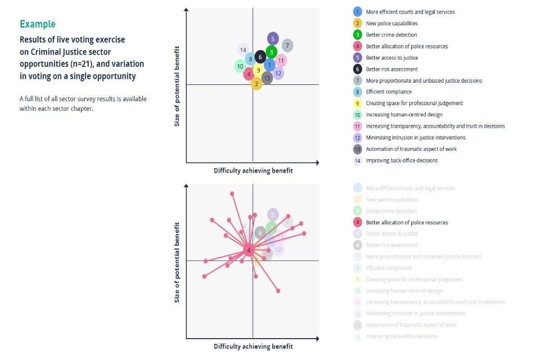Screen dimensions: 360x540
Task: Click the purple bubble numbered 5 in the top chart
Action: (x=273, y=39)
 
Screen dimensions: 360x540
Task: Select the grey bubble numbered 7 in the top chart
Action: (x=287, y=46)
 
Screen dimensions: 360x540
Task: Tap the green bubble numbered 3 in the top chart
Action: (x=271, y=52)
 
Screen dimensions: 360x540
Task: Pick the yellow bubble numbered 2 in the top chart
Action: (x=256, y=84)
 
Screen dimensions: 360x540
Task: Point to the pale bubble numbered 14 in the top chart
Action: (x=243, y=50)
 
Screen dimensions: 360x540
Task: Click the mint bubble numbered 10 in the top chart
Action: (x=240, y=66)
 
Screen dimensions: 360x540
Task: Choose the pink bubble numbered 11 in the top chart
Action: (x=281, y=61)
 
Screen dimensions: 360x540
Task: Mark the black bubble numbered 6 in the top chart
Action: (x=260, y=57)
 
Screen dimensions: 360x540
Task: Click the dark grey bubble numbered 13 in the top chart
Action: (x=267, y=78)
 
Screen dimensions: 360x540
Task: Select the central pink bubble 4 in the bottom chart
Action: (x=249, y=250)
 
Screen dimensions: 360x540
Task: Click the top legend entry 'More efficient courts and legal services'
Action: (x=410, y=12)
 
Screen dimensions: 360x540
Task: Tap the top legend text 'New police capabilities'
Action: (x=391, y=24)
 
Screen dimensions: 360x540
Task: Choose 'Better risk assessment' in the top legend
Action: (x=391, y=69)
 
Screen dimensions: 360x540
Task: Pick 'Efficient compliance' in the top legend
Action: (x=389, y=92)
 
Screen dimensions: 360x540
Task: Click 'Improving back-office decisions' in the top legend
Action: (x=402, y=160)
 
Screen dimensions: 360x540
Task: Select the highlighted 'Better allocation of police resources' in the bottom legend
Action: (x=407, y=222)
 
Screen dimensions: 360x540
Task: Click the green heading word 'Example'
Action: (x=38, y=24)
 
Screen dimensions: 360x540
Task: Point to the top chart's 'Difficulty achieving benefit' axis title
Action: (x=253, y=170)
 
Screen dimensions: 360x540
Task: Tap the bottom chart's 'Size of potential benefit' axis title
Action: (x=177, y=262)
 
